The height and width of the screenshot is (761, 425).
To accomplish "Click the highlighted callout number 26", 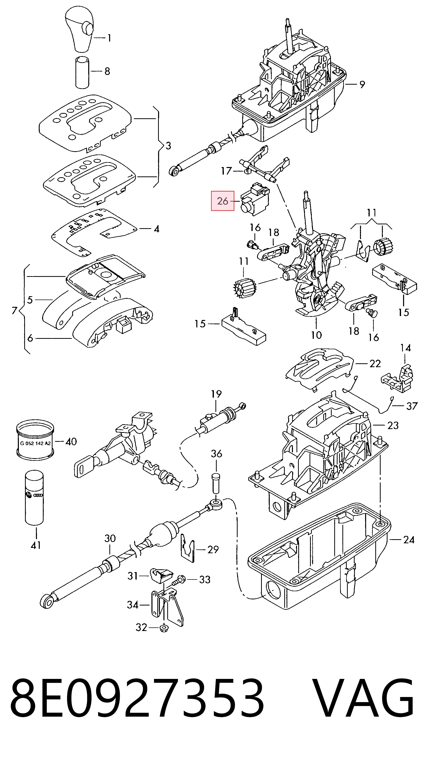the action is (222, 201).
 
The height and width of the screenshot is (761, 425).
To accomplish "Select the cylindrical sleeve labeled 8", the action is (82, 72).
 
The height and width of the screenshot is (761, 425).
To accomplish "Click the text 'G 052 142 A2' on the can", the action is (35, 443).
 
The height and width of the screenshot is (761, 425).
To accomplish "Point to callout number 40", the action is (71, 442).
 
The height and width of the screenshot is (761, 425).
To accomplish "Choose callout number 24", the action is (409, 540).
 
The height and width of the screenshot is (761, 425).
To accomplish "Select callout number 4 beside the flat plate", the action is (157, 229).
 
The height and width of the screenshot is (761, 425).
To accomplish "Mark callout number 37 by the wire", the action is (412, 406).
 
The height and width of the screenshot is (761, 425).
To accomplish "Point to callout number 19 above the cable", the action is (216, 394).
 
